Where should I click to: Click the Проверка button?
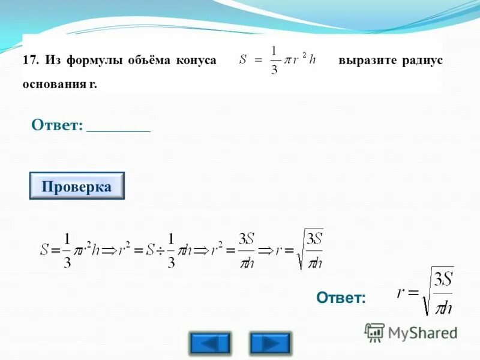77,186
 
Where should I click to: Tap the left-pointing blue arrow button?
209,343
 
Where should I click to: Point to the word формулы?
89,61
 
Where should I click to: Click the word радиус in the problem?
422,61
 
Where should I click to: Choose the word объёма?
145,61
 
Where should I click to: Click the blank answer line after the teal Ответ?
118,127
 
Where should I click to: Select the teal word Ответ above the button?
56,125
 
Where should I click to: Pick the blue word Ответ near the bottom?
341,298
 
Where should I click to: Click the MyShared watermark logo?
411,332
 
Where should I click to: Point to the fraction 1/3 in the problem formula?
275,61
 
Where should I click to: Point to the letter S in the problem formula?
243,60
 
